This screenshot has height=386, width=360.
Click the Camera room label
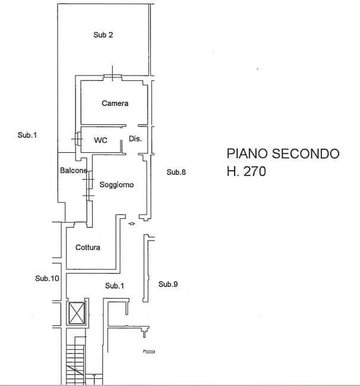pos(115,103)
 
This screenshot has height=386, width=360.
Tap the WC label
pos(100,140)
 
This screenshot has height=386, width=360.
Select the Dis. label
pos(135,139)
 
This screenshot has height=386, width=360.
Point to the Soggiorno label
pos(116,185)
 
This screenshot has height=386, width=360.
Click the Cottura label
pos(88,247)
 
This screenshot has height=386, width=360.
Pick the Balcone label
pos(74,171)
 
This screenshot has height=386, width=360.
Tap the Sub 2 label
pos(103,35)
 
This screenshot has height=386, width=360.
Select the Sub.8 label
pos(176,172)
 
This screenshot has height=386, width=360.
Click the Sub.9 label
pos(168,285)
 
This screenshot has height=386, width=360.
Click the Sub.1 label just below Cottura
pos(115,286)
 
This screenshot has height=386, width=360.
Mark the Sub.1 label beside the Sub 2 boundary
pos(27,136)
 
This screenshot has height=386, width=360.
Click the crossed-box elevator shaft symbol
pos(78,312)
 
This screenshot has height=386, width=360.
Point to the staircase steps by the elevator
pos(75,363)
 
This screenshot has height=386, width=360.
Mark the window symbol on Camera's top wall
pos(112,75)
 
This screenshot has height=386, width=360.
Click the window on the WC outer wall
pos(78,138)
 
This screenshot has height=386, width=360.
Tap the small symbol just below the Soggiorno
pos(131,224)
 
